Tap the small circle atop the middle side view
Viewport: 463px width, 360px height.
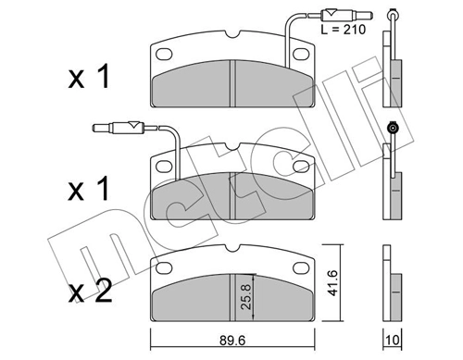393,128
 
